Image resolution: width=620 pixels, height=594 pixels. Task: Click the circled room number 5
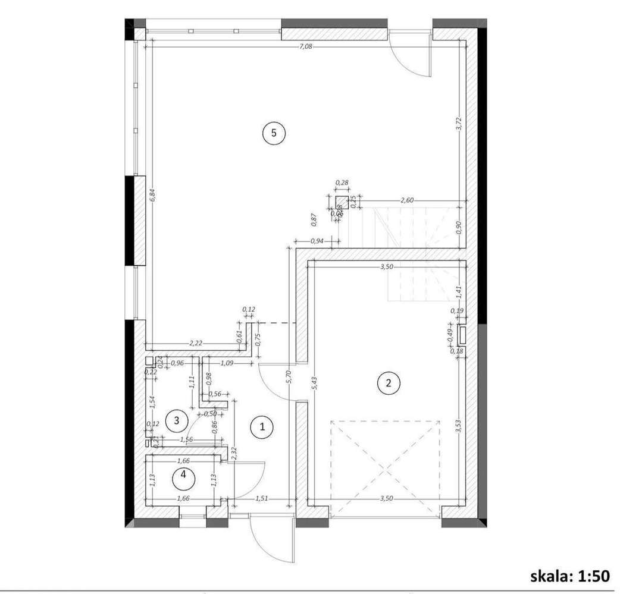click(274, 133)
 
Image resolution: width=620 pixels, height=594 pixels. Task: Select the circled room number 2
click(389, 383)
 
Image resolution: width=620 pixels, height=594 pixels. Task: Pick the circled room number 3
click(174, 420)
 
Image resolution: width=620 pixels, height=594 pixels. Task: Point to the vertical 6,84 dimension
click(153, 196)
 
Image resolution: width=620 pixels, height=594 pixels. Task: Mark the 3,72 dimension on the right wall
click(458, 123)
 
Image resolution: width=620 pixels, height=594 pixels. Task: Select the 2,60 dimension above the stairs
click(407, 200)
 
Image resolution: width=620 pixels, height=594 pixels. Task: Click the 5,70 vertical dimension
click(289, 378)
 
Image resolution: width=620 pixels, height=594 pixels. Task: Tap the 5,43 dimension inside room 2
click(314, 383)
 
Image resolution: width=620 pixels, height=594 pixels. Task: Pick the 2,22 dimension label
click(196, 343)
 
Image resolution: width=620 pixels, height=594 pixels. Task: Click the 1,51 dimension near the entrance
click(262, 499)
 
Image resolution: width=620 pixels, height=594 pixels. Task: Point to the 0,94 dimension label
click(317, 241)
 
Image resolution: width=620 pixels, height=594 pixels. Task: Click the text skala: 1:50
click(570, 575)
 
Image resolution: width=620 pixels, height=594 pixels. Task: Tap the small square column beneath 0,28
click(341, 201)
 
